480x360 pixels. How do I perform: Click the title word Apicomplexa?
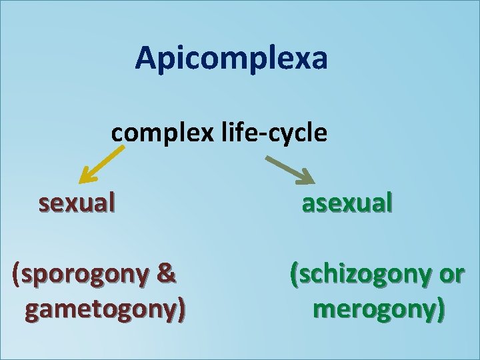(x=231, y=59)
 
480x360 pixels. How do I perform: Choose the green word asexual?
(x=347, y=202)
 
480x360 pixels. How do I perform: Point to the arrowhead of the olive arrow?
(x=307, y=178)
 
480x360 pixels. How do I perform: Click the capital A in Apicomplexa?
(x=146, y=58)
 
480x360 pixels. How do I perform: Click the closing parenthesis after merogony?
(x=440, y=309)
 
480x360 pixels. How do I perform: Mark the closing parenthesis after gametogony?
(x=181, y=309)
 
